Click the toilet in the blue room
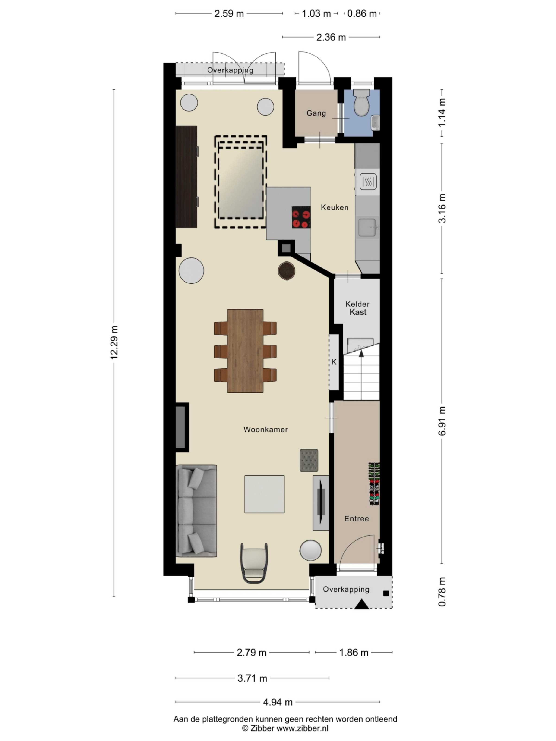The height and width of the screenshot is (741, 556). [361, 103]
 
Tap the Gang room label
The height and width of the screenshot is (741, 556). [316, 113]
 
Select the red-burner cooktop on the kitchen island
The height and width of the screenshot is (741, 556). [301, 217]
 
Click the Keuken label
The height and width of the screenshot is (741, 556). [334, 207]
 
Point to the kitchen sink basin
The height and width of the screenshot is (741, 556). [367, 227]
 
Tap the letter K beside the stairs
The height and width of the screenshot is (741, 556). [333, 362]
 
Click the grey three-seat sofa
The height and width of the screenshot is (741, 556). [196, 510]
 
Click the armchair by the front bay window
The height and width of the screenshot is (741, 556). [254, 563]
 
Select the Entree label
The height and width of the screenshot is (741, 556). [356, 518]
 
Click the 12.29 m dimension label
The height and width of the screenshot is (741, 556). [114, 342]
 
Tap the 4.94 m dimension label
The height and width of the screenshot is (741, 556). [278, 702]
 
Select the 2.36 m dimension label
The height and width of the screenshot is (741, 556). [331, 37]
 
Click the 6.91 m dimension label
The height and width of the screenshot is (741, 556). [442, 421]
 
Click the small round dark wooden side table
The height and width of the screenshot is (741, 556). [286, 270]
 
